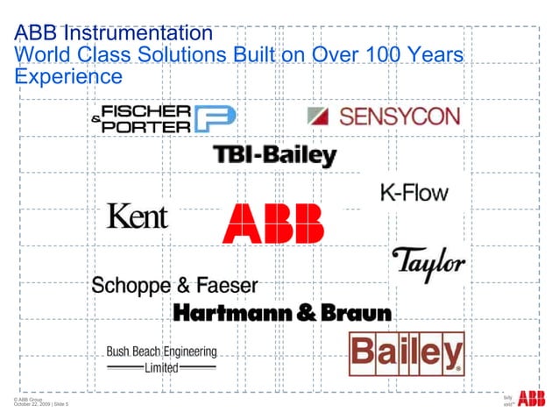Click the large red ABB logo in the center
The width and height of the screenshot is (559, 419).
[272, 224]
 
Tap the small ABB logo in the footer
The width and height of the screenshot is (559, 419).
[531, 400]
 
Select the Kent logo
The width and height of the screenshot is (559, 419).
[137, 216]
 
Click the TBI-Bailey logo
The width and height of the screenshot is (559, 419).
[275, 156]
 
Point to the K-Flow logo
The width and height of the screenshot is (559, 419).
[414, 192]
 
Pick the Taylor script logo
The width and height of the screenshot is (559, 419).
[427, 260]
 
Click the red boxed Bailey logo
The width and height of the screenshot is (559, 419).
[407, 354]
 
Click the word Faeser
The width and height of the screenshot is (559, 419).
[226, 285]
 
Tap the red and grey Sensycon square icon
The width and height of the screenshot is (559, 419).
[318, 117]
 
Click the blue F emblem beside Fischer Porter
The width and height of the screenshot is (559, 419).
[215, 119]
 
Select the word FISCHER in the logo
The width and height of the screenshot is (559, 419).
[147, 111]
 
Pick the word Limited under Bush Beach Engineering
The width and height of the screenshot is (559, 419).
[161, 367]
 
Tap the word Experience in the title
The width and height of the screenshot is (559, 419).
[68, 77]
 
